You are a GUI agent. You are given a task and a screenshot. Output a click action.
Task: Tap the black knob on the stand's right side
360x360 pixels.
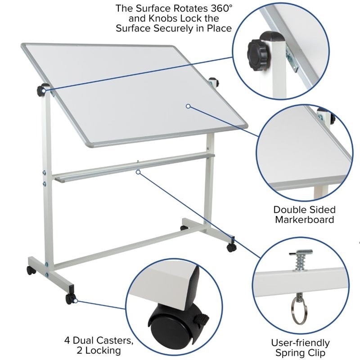tap(213, 82)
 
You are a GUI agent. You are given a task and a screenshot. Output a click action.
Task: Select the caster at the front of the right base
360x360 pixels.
tap(231, 247)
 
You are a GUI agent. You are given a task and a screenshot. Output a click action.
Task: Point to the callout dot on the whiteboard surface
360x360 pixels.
tap(188, 106)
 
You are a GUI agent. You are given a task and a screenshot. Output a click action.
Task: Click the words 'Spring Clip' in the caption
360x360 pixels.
tap(300, 353)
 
